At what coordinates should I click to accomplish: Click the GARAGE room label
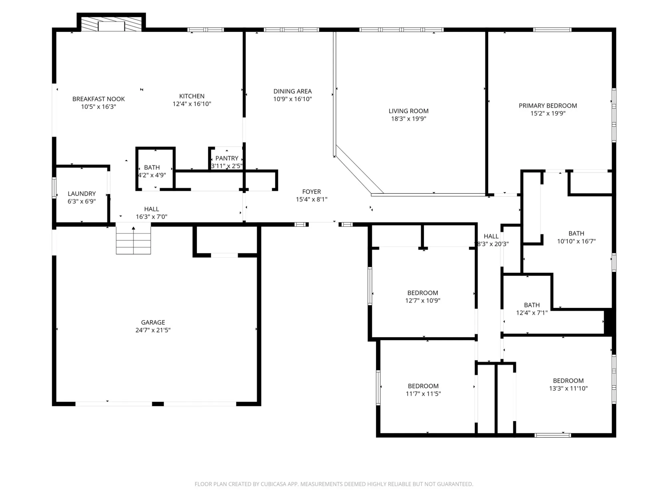153,322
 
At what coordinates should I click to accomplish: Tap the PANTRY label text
227,158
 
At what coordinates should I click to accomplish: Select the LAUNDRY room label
82,193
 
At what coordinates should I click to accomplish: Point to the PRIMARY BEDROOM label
548,106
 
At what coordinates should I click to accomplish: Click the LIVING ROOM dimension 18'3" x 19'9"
408,119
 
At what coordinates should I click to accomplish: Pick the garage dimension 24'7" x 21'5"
153,330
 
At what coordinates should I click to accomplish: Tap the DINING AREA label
293,91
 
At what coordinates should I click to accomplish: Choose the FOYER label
312,191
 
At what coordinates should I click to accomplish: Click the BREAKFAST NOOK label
99,99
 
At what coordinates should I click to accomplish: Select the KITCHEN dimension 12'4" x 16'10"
192,104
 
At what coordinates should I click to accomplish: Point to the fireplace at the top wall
111,23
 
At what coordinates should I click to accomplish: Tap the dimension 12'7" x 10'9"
423,301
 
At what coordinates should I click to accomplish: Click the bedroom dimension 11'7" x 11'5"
423,394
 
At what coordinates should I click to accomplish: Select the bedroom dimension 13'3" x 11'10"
568,388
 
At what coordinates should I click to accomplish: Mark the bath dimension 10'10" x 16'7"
576,241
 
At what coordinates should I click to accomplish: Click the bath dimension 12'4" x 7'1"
532,313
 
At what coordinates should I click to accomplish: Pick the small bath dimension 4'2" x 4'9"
152,175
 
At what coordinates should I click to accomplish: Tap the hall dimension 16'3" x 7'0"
151,217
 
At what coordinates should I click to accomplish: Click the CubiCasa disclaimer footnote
334,484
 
